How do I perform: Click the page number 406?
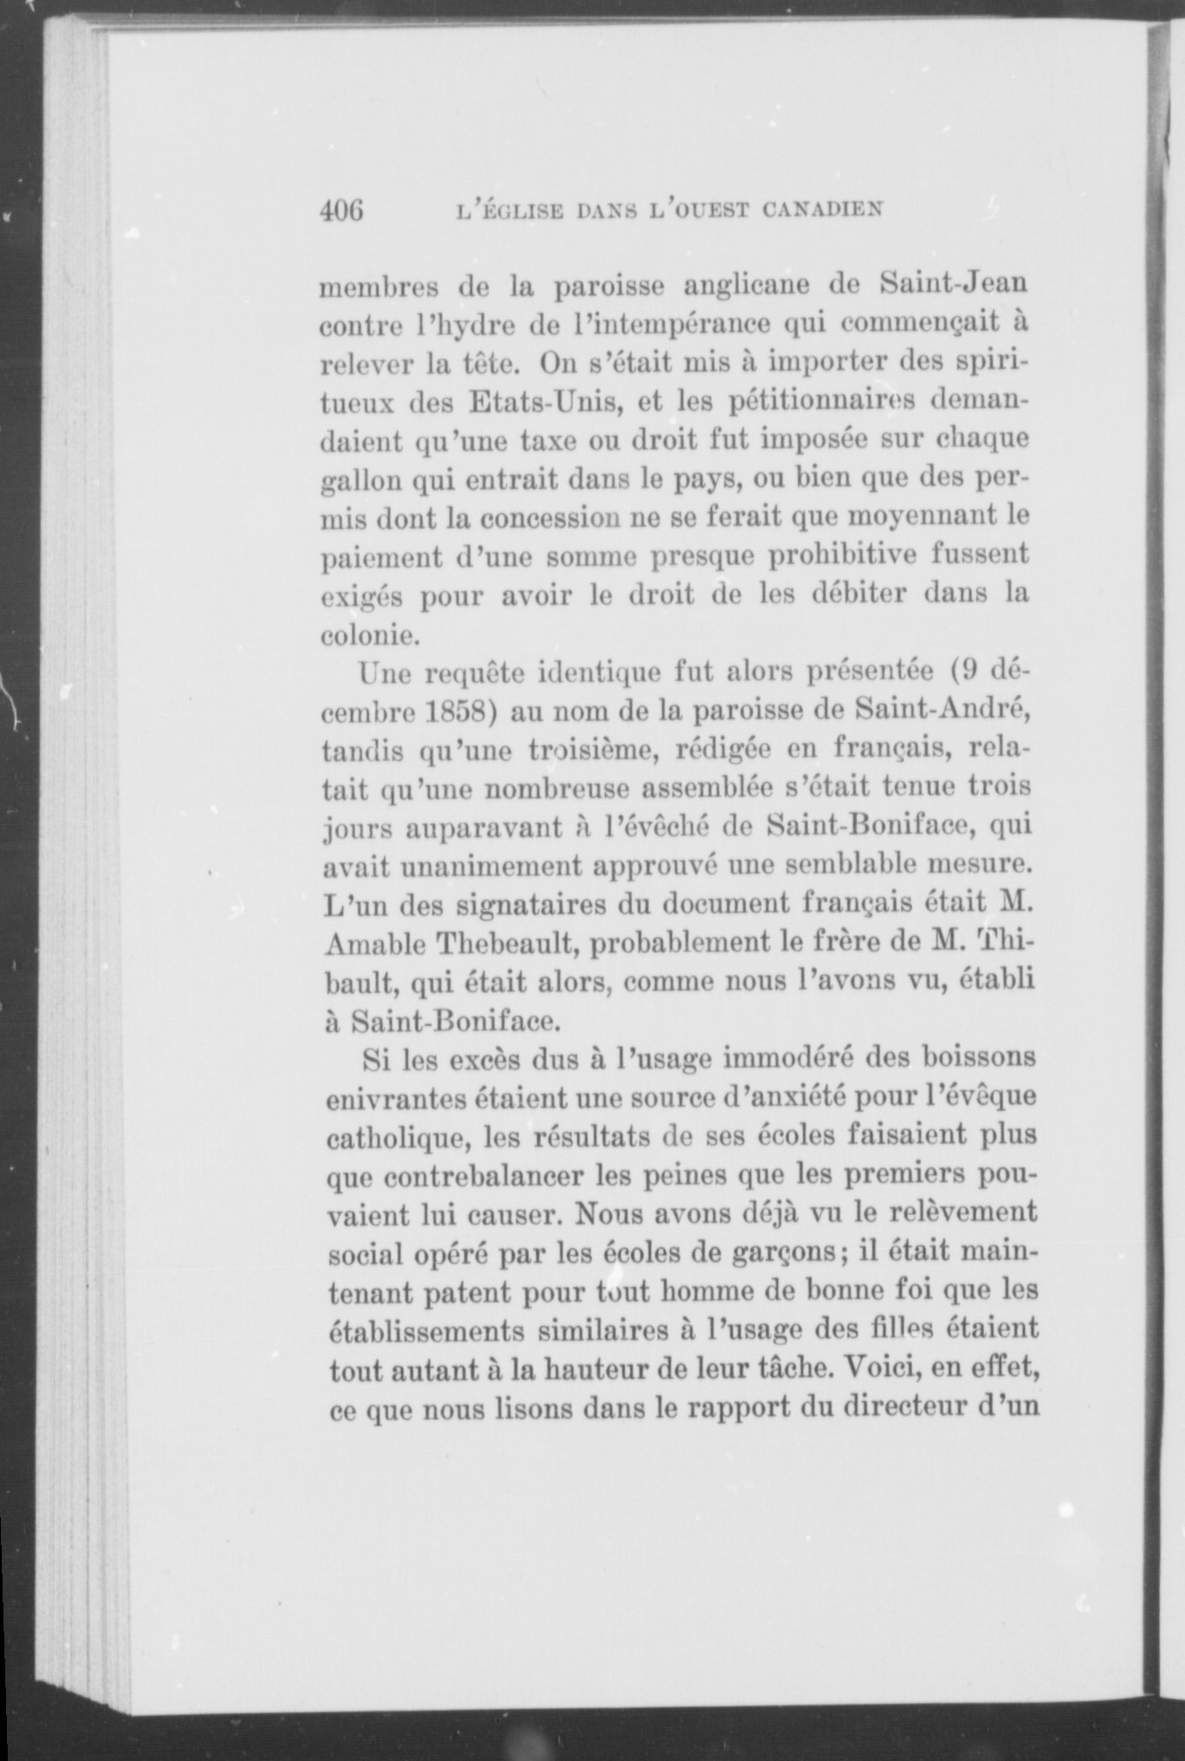340,211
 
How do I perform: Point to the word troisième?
587,750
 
